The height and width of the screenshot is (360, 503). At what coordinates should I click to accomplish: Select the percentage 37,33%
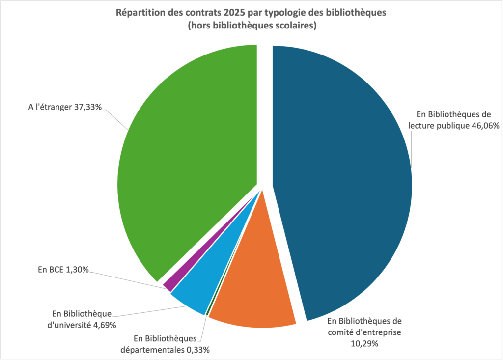point(87,107)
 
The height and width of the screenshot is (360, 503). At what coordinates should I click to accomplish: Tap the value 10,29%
point(364,344)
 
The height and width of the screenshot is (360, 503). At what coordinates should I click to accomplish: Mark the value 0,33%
point(196,350)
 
